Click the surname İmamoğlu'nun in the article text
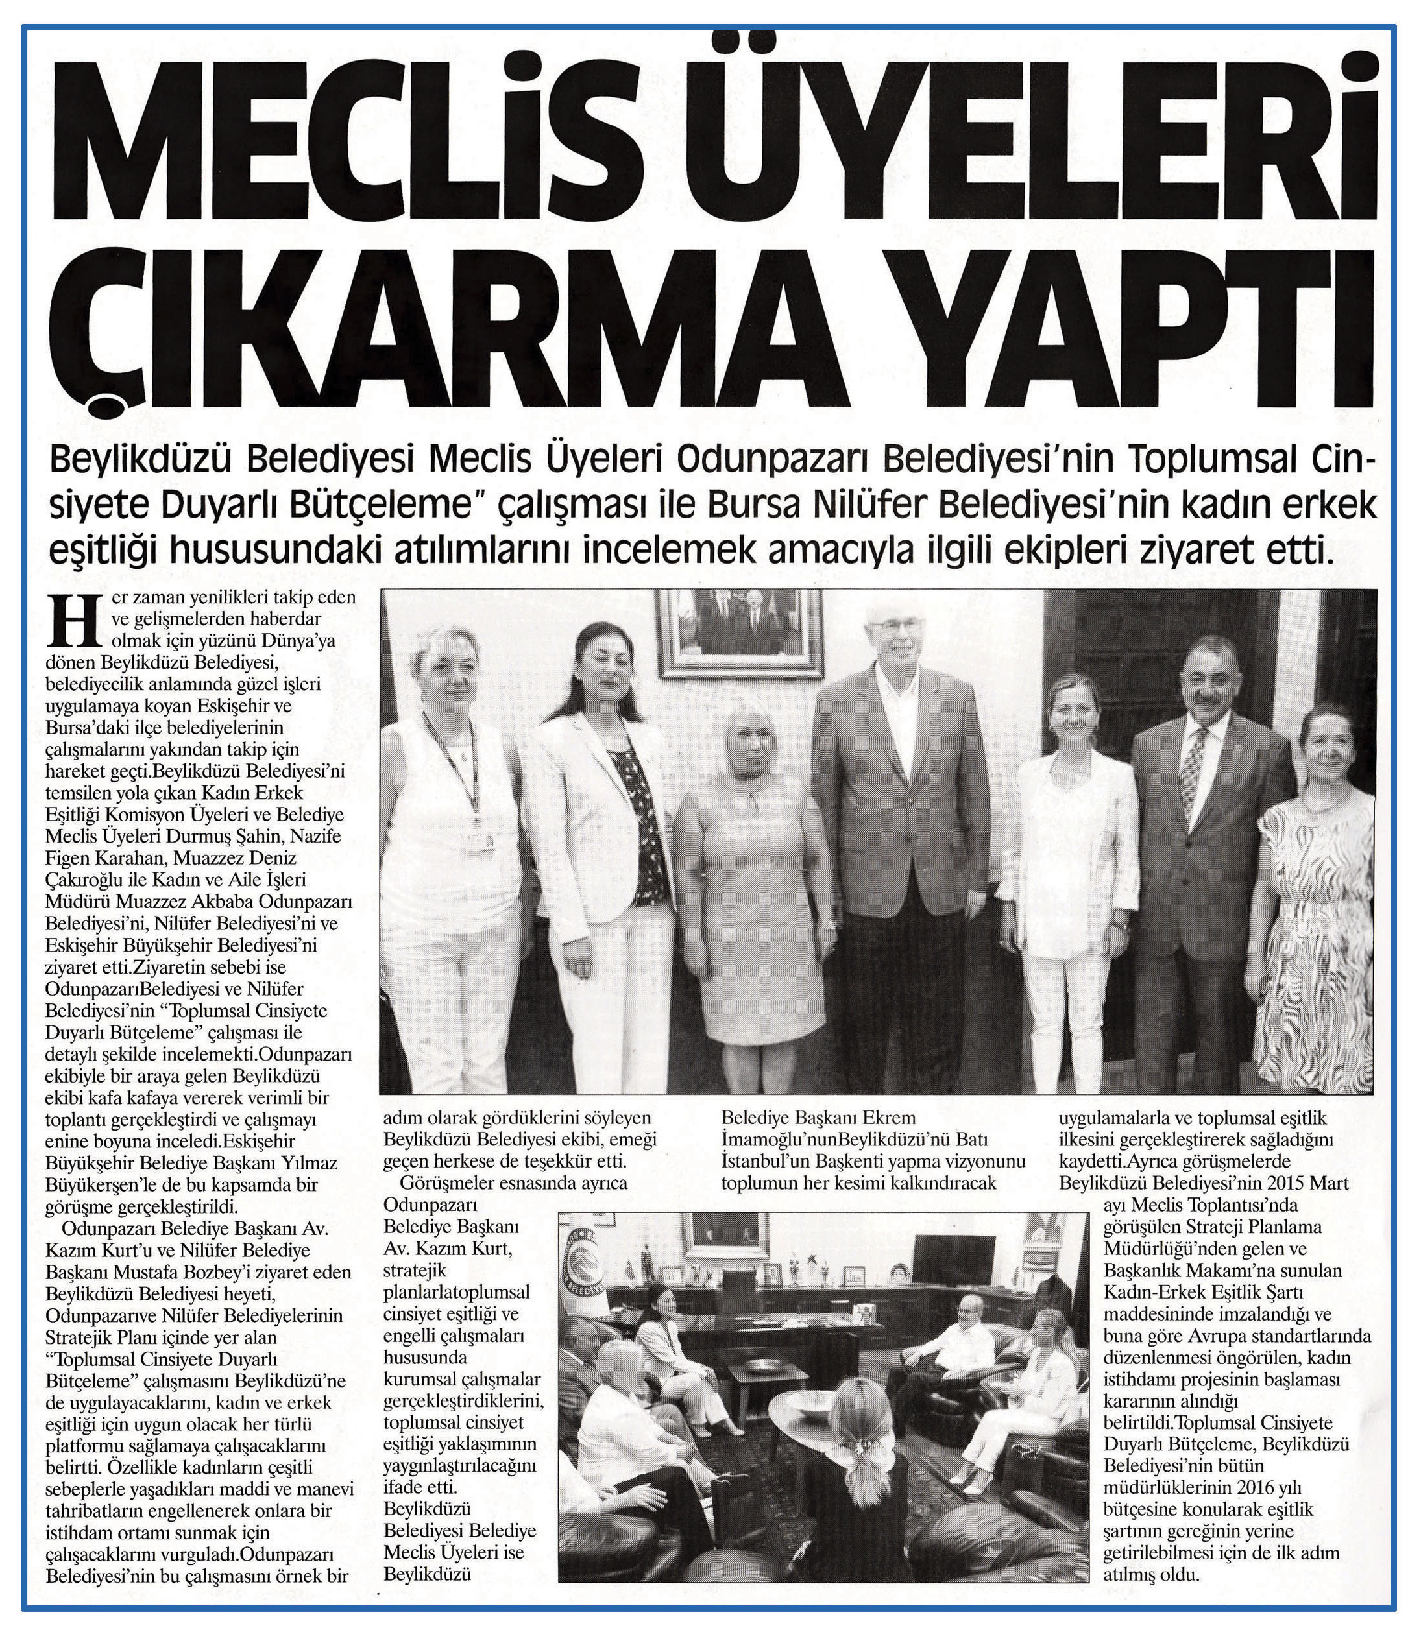781,1140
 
